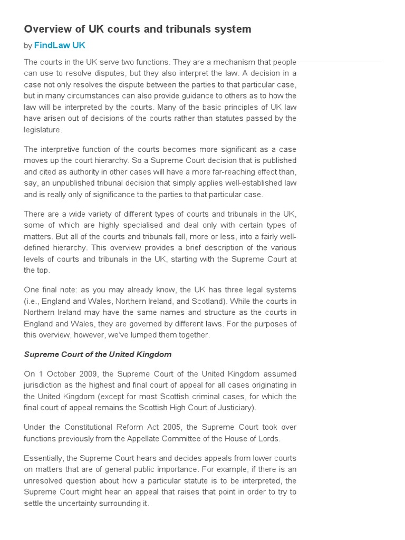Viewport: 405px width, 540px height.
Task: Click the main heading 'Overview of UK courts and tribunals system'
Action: pos(138,29)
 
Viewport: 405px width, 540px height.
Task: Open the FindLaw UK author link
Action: pos(60,45)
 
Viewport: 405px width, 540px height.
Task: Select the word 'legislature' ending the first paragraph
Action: pos(42,130)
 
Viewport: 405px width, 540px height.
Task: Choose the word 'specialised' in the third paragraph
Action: pos(136,225)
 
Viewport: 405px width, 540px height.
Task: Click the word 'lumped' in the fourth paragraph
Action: pos(154,334)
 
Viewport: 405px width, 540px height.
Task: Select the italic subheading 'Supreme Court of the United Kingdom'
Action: pos(98,354)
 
